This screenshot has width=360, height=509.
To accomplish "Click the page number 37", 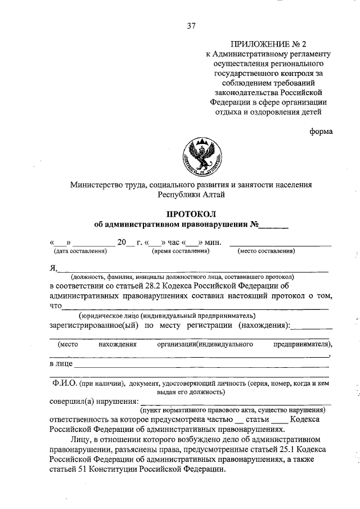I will point(191,25).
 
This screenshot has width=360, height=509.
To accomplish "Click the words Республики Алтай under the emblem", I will point(191,194).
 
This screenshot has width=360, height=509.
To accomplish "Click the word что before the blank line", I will point(55,305).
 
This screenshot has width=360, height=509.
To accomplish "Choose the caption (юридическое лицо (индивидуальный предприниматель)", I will point(167,316).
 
